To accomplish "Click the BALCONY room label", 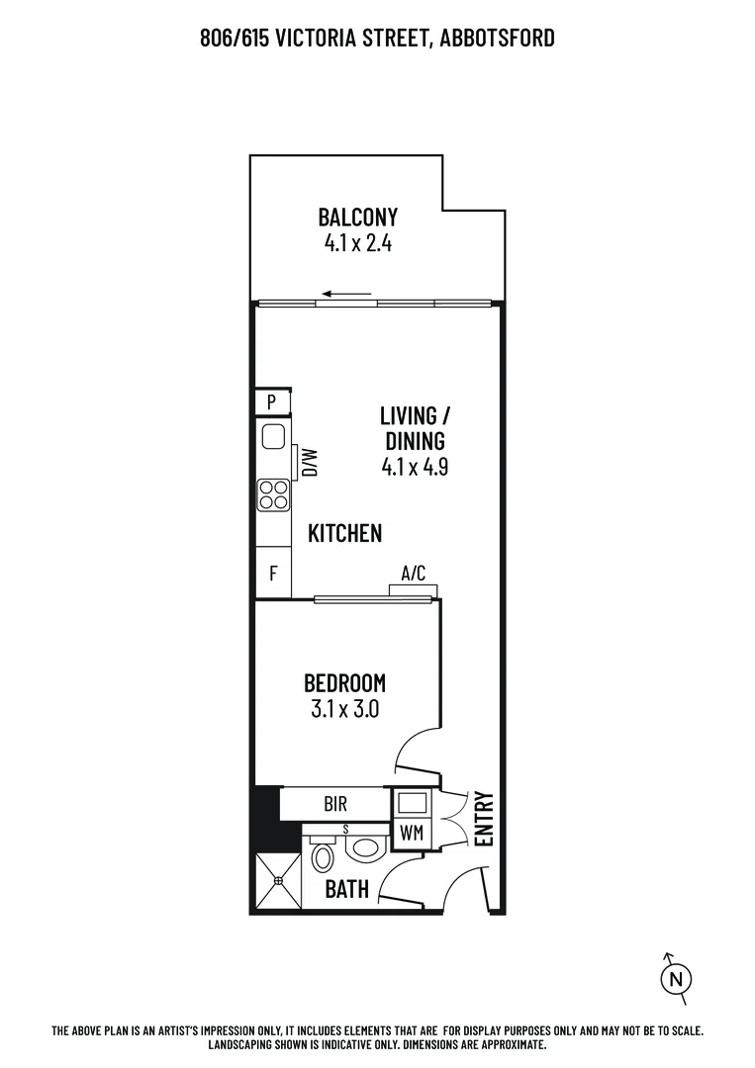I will click(357, 217).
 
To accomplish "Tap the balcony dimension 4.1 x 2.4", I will click(357, 243).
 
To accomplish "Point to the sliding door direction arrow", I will click(345, 294).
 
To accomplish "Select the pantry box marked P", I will click(272, 402).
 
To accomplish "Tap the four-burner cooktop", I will click(273, 494).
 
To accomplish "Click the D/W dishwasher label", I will click(309, 463).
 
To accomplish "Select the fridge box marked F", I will click(273, 573).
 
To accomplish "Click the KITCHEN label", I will click(344, 534).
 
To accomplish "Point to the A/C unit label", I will click(413, 573).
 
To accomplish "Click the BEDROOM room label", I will click(344, 682).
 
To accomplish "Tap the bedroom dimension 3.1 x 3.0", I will click(344, 709).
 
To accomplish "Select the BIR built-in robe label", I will click(333, 803).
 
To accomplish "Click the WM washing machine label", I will click(412, 833).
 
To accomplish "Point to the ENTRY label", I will click(484, 819).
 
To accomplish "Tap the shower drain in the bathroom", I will click(277, 878).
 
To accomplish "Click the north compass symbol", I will click(675, 978).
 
